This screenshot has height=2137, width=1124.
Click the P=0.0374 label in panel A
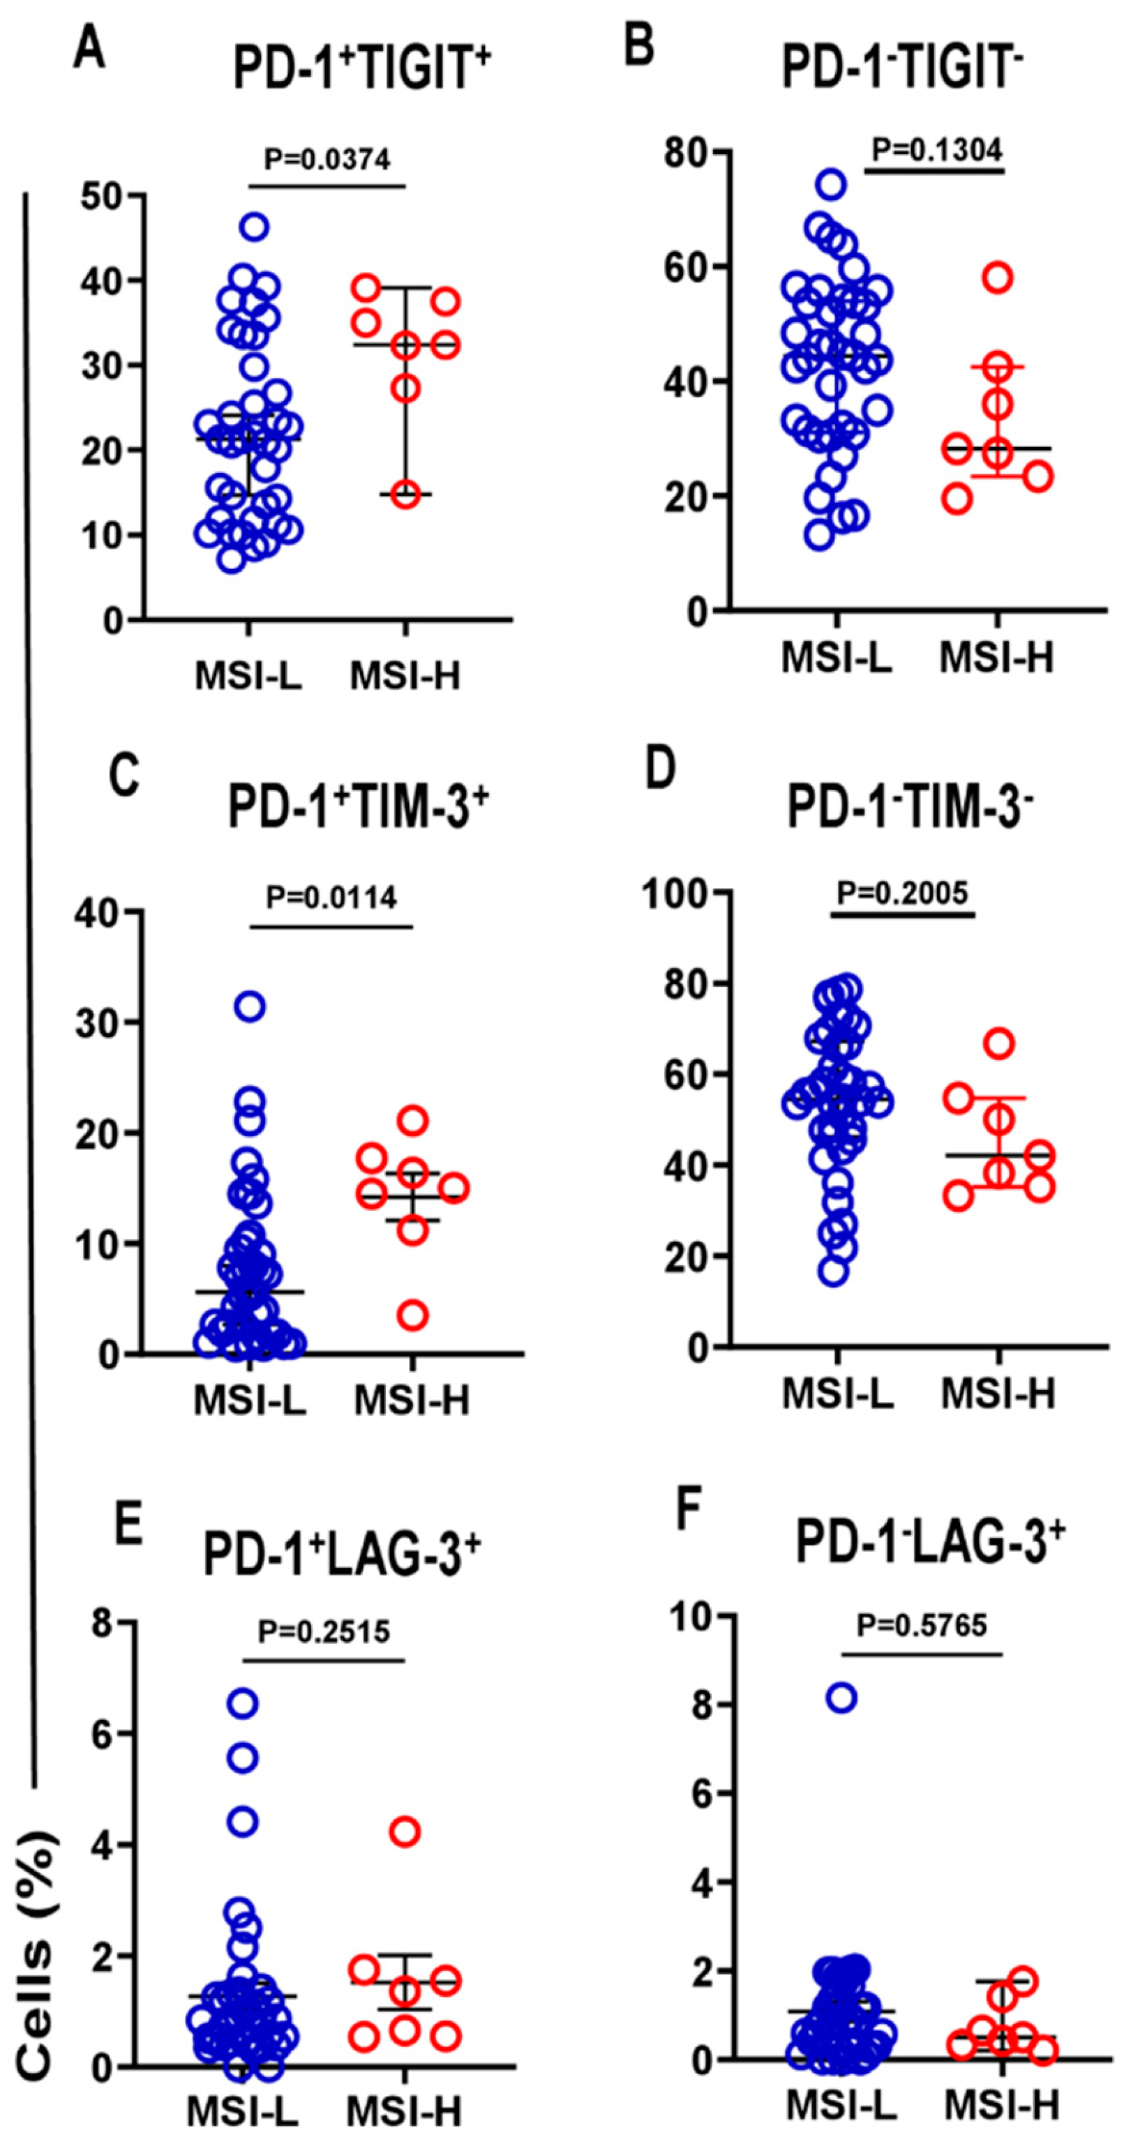point(327,158)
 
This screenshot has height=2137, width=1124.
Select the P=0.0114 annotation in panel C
point(331,897)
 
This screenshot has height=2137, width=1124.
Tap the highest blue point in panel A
point(255,227)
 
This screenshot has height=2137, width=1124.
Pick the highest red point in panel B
point(998,277)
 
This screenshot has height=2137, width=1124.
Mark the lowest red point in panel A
point(406,495)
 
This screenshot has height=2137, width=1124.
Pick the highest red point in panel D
point(1001,1043)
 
